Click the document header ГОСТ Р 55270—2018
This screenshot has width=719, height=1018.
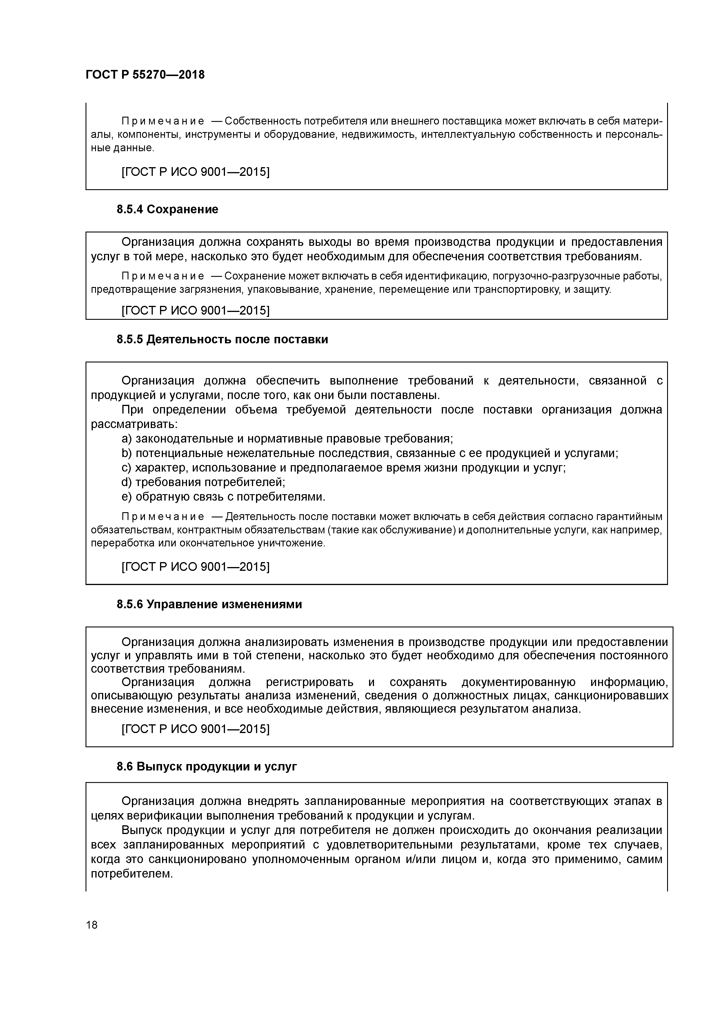tap(145, 75)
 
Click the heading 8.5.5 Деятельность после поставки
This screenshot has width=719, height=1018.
tap(222, 340)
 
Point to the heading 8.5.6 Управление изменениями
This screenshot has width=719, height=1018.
tap(209, 604)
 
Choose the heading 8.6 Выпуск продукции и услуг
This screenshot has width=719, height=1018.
tap(206, 766)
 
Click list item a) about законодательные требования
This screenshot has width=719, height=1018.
tap(287, 439)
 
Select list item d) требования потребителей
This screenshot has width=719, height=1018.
tap(203, 482)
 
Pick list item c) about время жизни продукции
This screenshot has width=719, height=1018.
tap(343, 468)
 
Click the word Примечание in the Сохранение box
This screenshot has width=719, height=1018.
tap(163, 277)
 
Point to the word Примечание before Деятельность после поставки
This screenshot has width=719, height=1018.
tap(163, 517)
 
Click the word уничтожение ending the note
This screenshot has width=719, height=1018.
tap(291, 544)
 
